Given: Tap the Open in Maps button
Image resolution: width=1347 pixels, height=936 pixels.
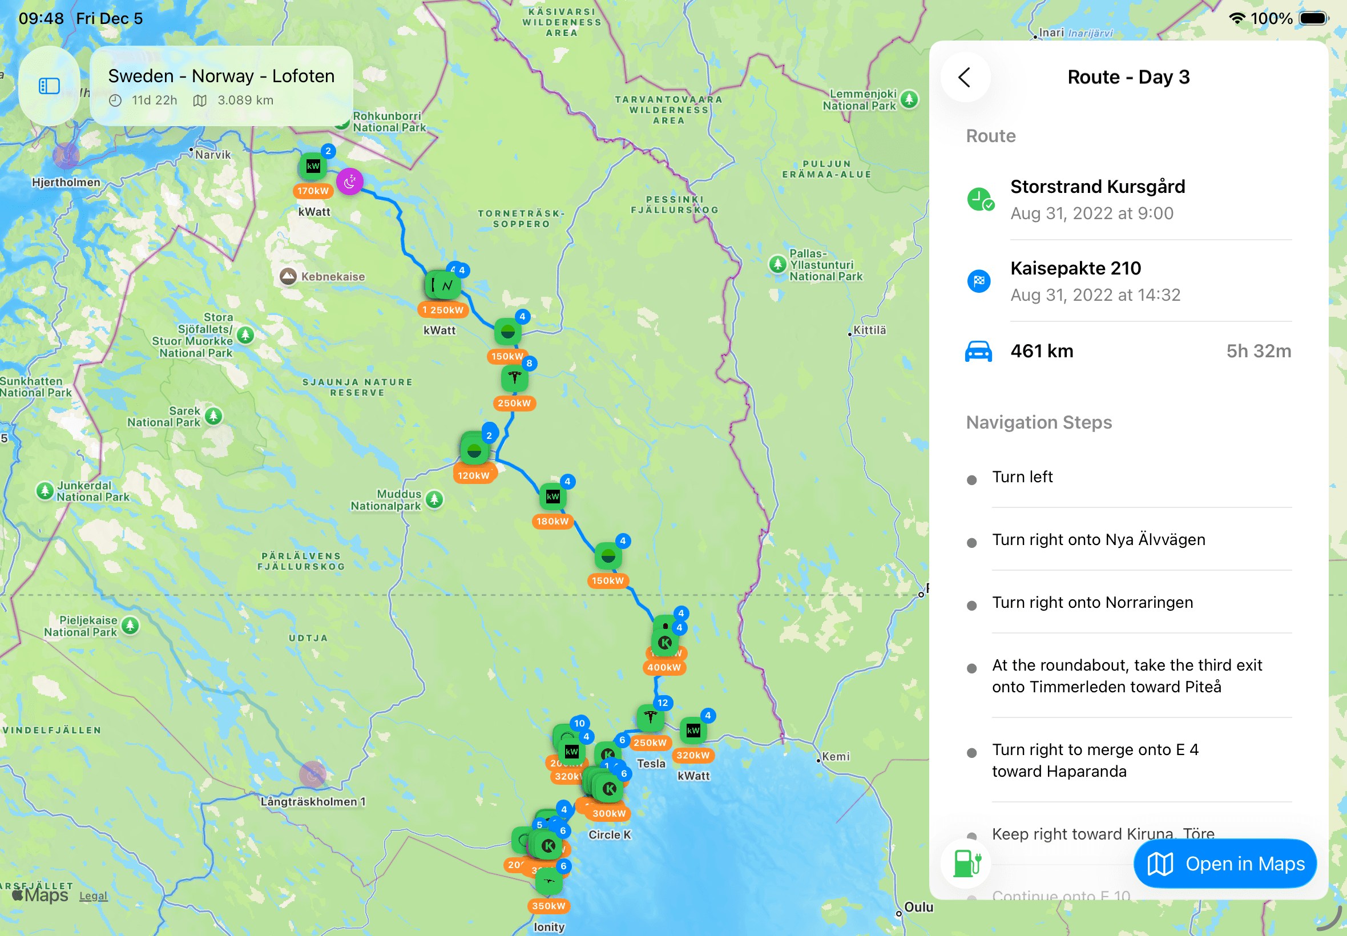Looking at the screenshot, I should [x=1224, y=864].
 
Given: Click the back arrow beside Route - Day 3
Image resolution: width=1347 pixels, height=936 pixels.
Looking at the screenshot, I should [x=965, y=78].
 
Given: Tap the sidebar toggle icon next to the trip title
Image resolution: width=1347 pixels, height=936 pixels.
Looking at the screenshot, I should [x=49, y=86].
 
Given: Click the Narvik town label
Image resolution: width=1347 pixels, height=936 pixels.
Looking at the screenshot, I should [x=212, y=155].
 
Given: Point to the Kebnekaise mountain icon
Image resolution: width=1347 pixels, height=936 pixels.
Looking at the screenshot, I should [x=288, y=276].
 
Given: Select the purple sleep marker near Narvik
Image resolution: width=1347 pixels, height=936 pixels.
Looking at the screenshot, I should [x=349, y=183].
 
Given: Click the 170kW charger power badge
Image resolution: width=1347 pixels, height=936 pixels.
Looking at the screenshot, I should [x=313, y=191].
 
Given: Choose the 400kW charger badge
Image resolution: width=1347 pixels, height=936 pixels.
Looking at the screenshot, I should [x=664, y=667].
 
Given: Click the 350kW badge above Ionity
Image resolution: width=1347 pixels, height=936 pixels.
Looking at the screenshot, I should [x=549, y=906].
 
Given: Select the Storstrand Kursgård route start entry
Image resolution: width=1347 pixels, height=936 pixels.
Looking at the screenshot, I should [x=1096, y=199].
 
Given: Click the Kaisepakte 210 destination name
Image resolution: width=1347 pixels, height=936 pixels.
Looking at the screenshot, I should [x=1075, y=269].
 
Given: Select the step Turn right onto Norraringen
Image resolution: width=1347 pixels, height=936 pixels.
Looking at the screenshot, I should [x=1092, y=603].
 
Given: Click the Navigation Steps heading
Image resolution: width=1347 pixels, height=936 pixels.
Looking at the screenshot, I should [x=1039, y=423].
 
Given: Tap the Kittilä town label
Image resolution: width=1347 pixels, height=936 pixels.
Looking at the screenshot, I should [x=869, y=331].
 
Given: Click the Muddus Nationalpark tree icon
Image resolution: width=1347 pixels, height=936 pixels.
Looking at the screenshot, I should [x=434, y=499].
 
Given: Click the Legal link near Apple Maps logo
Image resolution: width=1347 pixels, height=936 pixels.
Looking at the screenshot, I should [x=93, y=896].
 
